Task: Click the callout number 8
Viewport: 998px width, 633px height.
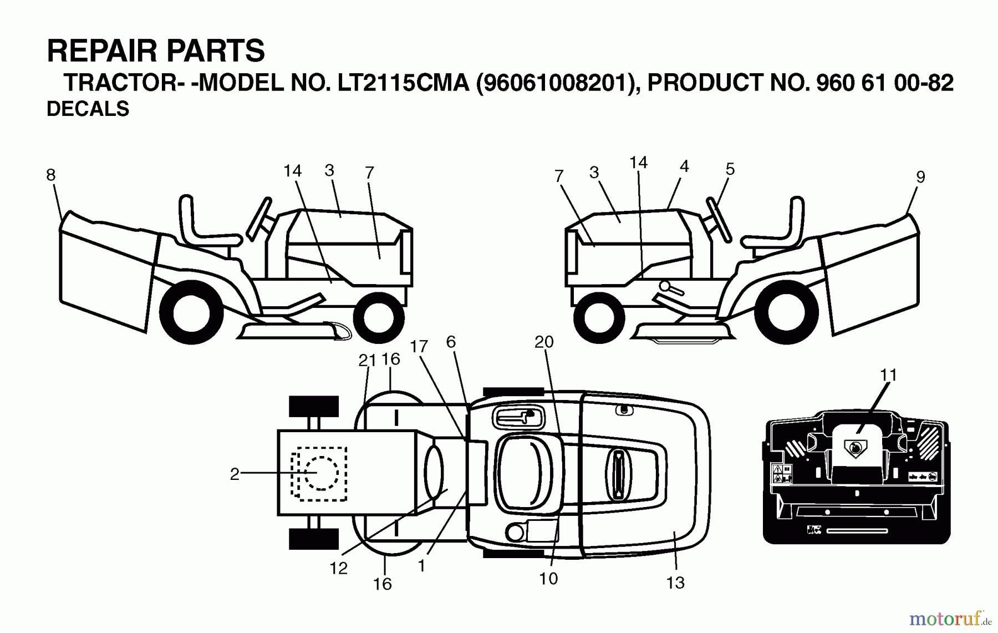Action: click(x=50, y=175)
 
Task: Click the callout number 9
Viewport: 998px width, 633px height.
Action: click(x=920, y=177)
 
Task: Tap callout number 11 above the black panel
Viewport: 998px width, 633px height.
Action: click(x=888, y=375)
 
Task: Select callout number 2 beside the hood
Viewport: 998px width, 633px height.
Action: click(x=235, y=474)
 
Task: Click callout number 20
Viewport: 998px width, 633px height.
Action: click(x=544, y=342)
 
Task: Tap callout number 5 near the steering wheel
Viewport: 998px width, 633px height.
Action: click(x=730, y=169)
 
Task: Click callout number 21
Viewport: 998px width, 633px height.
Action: click(x=366, y=361)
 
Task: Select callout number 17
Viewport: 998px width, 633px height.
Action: click(x=419, y=346)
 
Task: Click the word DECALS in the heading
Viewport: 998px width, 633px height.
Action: click(x=88, y=109)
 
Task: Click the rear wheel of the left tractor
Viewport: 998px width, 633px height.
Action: click(x=191, y=312)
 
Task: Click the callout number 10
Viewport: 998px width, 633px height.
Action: click(x=548, y=579)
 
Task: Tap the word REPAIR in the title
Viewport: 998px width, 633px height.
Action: click(x=94, y=51)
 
